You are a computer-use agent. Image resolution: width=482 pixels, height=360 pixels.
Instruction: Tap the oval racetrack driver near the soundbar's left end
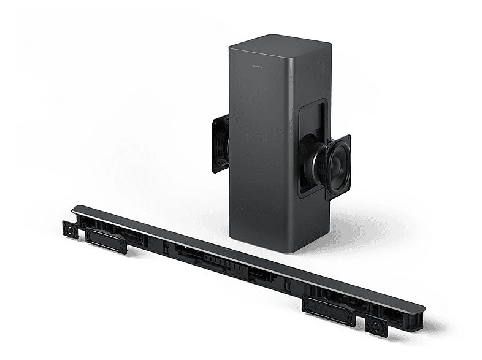pos(106,239)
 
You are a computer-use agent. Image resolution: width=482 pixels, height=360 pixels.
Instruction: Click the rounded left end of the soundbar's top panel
pos(76,210)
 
